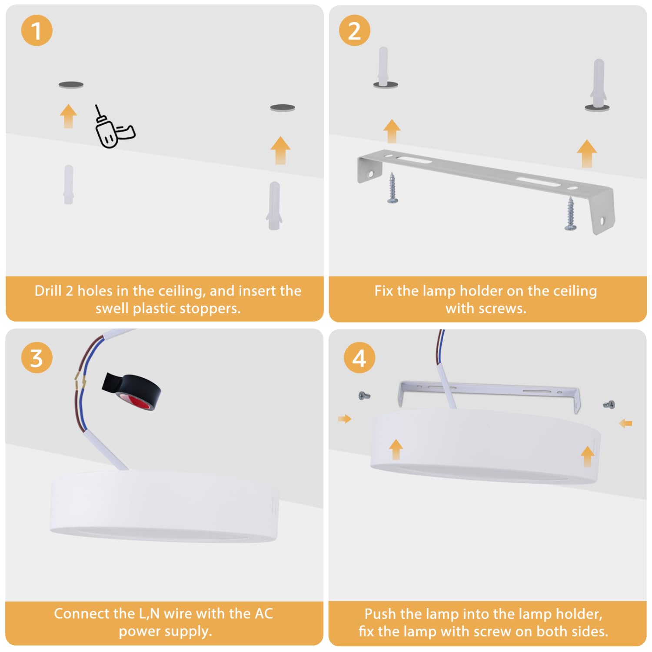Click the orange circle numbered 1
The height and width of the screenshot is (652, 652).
tap(37, 30)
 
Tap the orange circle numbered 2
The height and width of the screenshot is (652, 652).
tap(354, 30)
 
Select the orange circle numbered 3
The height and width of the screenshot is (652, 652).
tap(37, 358)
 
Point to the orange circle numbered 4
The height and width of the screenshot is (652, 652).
tap(359, 358)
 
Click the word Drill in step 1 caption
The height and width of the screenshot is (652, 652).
tap(48, 291)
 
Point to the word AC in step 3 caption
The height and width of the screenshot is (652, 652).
tap(263, 614)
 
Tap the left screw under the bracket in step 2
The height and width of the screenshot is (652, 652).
tap(393, 187)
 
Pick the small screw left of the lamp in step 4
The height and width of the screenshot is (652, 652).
tap(364, 396)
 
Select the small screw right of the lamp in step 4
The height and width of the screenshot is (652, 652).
tap(609, 405)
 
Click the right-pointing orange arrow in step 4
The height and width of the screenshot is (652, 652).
tap(344, 419)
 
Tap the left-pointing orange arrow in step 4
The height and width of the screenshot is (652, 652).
tap(625, 423)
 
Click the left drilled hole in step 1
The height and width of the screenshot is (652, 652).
tap(71, 85)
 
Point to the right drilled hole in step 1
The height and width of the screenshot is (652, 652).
tap(283, 107)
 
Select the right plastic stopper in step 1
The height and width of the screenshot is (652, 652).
tap(274, 206)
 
